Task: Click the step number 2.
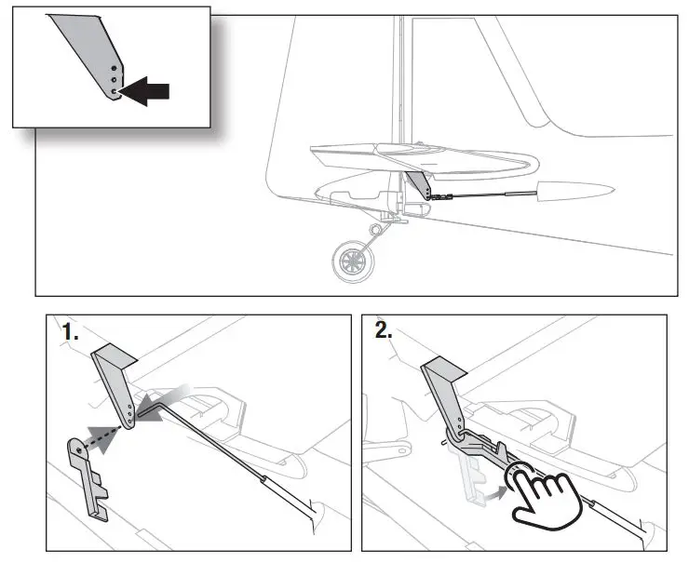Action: click(x=380, y=332)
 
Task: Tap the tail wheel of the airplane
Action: click(x=351, y=261)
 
